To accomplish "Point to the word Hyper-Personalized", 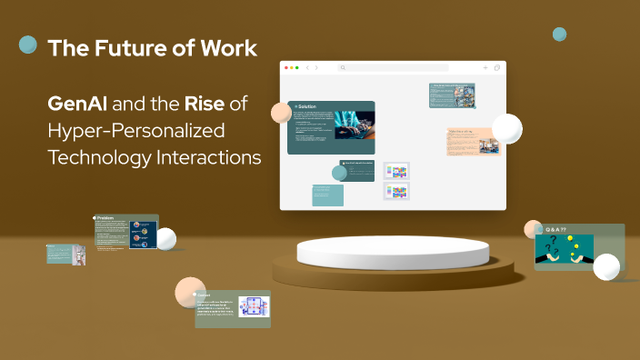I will [136, 130].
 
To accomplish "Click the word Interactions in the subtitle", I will [205, 156].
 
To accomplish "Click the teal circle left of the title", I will [28, 45].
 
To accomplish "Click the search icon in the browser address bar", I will [343, 68].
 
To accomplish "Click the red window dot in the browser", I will [287, 68].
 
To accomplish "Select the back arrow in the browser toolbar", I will [306, 68].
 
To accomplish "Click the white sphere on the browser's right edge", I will [506, 129].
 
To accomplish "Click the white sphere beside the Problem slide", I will [166, 239].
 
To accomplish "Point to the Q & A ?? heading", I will [556, 229].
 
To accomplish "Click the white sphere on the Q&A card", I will [605, 266].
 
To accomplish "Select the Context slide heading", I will [204, 295].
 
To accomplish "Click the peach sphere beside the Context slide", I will [188, 291].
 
